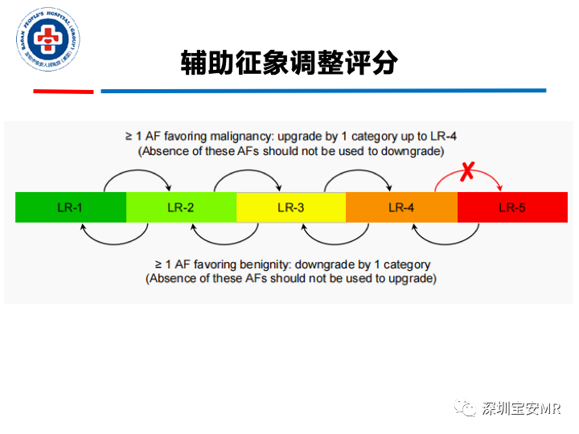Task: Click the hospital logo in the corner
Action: pyautogui.click(x=47, y=40)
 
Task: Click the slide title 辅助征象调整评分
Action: pyautogui.click(x=289, y=63)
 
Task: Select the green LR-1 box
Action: pyautogui.click(x=71, y=207)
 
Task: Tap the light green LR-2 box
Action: pyautogui.click(x=181, y=207)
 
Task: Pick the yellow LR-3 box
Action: pyautogui.click(x=291, y=207)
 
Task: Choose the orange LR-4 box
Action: pyautogui.click(x=401, y=207)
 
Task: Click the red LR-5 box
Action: pyautogui.click(x=512, y=207)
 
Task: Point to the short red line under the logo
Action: pyautogui.click(x=63, y=92)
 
